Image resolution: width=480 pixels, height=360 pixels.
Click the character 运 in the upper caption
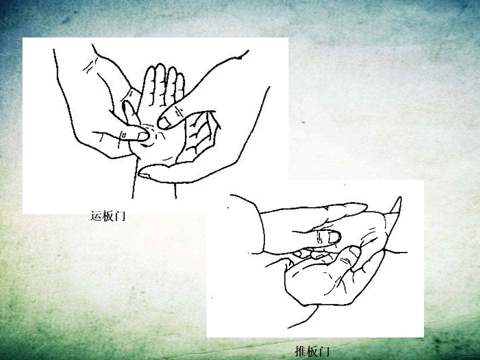pyautogui.click(x=95, y=216)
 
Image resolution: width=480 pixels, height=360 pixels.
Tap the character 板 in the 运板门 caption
pyautogui.click(x=108, y=216)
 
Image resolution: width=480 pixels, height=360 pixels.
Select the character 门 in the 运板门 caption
pyautogui.click(x=119, y=216)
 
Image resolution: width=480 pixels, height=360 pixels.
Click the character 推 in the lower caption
pyautogui.click(x=300, y=351)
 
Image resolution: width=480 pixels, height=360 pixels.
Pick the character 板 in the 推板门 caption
pyautogui.click(x=312, y=351)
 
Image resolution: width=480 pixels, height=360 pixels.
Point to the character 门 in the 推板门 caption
pyautogui.click(x=324, y=351)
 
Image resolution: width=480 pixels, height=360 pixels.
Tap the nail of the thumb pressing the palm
pyautogui.click(x=143, y=136)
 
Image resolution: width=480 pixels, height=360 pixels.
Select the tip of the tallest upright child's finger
pyautogui.click(x=159, y=65)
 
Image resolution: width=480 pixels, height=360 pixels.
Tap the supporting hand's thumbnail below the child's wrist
pyautogui.click(x=144, y=175)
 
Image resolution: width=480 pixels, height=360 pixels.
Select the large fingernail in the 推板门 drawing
pyautogui.click(x=333, y=237)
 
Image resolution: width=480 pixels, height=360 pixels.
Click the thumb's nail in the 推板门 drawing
pyautogui.click(x=354, y=252)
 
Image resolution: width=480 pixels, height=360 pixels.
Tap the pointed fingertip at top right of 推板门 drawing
pyautogui.click(x=398, y=202)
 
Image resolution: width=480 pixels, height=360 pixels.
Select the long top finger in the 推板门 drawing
pyautogui.click(x=315, y=211)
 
